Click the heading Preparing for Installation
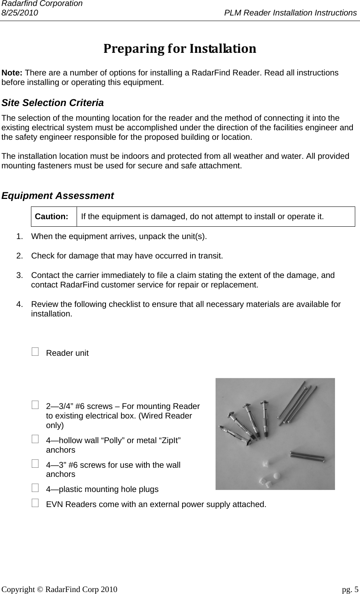coord(179,49)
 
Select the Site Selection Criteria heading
coord(53,103)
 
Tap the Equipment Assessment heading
coord(58,196)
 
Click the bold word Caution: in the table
coord(51,217)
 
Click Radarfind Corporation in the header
coord(41,4)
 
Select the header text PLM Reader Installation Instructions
coord(290,13)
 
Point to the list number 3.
coord(19,276)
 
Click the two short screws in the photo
coord(308,456)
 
